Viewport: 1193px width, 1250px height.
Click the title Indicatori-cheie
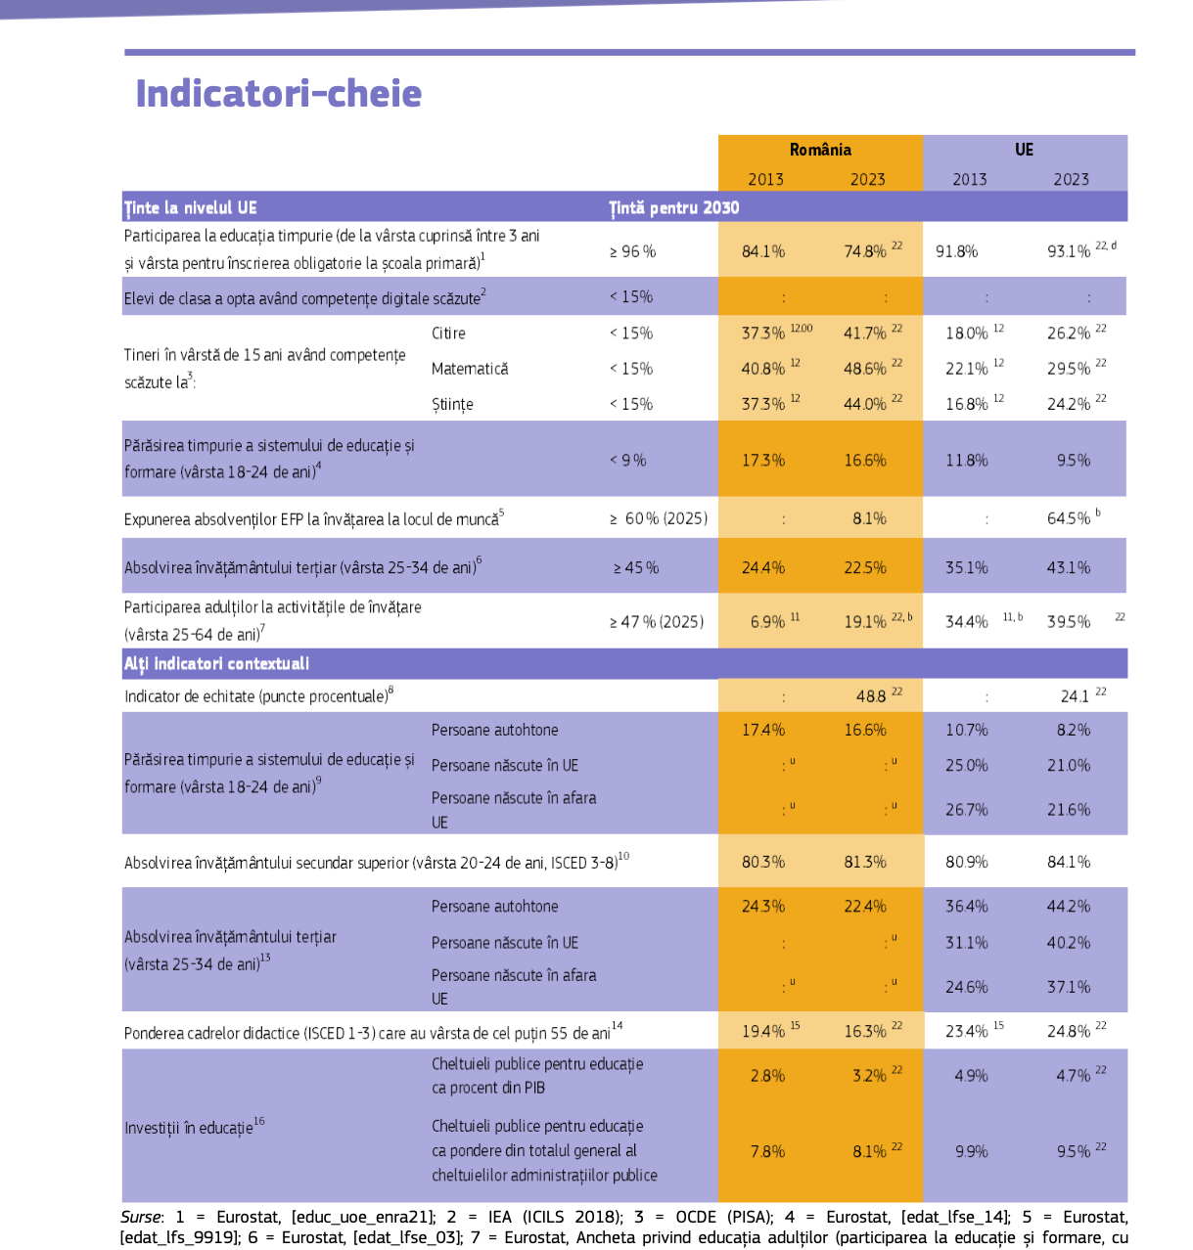(278, 94)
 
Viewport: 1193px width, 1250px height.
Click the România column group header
(820, 150)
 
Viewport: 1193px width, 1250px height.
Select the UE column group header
(1024, 150)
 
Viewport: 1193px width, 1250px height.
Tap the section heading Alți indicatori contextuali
(216, 663)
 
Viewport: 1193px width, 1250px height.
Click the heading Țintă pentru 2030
(673, 207)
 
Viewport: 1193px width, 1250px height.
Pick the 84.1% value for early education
(763, 251)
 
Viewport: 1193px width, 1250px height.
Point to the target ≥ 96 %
(632, 251)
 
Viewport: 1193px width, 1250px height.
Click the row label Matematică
(470, 369)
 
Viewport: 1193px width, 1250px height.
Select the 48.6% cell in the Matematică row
(865, 369)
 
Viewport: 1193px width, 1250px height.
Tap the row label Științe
(452, 404)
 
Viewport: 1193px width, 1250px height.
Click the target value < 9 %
(627, 460)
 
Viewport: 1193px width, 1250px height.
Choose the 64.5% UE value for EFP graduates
(1068, 518)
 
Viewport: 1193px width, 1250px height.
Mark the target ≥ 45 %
(636, 567)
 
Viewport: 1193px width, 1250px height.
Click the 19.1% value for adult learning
(865, 622)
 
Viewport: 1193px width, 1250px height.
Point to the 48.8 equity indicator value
(871, 696)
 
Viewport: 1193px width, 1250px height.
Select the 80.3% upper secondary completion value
(763, 862)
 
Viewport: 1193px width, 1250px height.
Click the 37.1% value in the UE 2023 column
(1069, 987)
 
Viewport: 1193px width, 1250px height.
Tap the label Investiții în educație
(189, 1128)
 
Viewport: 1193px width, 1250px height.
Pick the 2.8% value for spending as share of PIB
(767, 1076)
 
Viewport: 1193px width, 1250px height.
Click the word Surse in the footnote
(141, 1217)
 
